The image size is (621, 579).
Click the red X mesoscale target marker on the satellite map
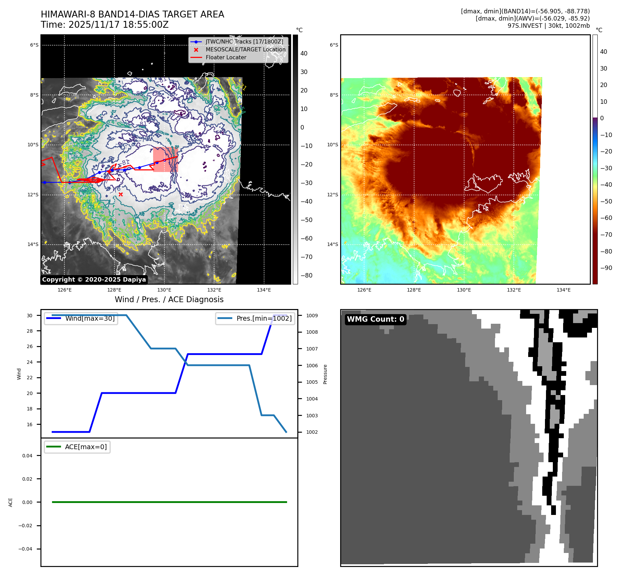(121, 194)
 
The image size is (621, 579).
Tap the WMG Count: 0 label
(375, 319)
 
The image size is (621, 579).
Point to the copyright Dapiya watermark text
(94, 280)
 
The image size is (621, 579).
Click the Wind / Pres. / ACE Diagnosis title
(169, 299)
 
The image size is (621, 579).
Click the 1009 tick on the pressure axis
(312, 316)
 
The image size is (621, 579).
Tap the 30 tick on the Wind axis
(30, 316)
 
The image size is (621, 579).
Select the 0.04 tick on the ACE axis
(27, 456)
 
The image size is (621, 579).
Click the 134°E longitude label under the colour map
(563, 290)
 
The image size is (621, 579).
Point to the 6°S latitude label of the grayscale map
(34, 45)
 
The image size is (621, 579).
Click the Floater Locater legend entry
(226, 58)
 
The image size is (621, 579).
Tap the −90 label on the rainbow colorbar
(606, 268)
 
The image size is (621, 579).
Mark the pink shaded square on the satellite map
(165, 160)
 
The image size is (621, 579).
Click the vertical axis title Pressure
(325, 374)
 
